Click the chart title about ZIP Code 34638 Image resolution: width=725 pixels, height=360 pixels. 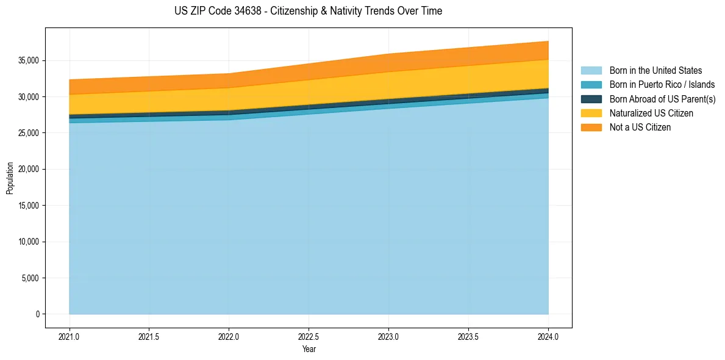308,11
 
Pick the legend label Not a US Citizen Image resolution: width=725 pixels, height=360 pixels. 640,128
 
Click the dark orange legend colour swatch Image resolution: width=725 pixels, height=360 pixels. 591,128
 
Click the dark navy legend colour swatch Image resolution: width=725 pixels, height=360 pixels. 591,99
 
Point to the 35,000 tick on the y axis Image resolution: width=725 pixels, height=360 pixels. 29,60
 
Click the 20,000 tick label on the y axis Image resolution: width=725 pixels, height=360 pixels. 29,169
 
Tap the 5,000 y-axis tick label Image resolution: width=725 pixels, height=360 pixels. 31,278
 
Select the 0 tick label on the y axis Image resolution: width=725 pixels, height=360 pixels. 37,314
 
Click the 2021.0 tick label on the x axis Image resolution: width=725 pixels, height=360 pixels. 70,336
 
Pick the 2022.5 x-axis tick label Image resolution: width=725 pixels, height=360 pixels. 309,336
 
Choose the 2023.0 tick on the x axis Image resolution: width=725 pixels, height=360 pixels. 388,336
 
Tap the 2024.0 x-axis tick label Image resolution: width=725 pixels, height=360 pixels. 548,336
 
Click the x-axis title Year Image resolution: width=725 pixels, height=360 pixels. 309,349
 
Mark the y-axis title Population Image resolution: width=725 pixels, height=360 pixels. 10,178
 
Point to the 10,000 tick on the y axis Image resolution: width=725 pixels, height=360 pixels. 29,242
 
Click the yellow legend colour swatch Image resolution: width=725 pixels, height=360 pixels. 591,113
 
